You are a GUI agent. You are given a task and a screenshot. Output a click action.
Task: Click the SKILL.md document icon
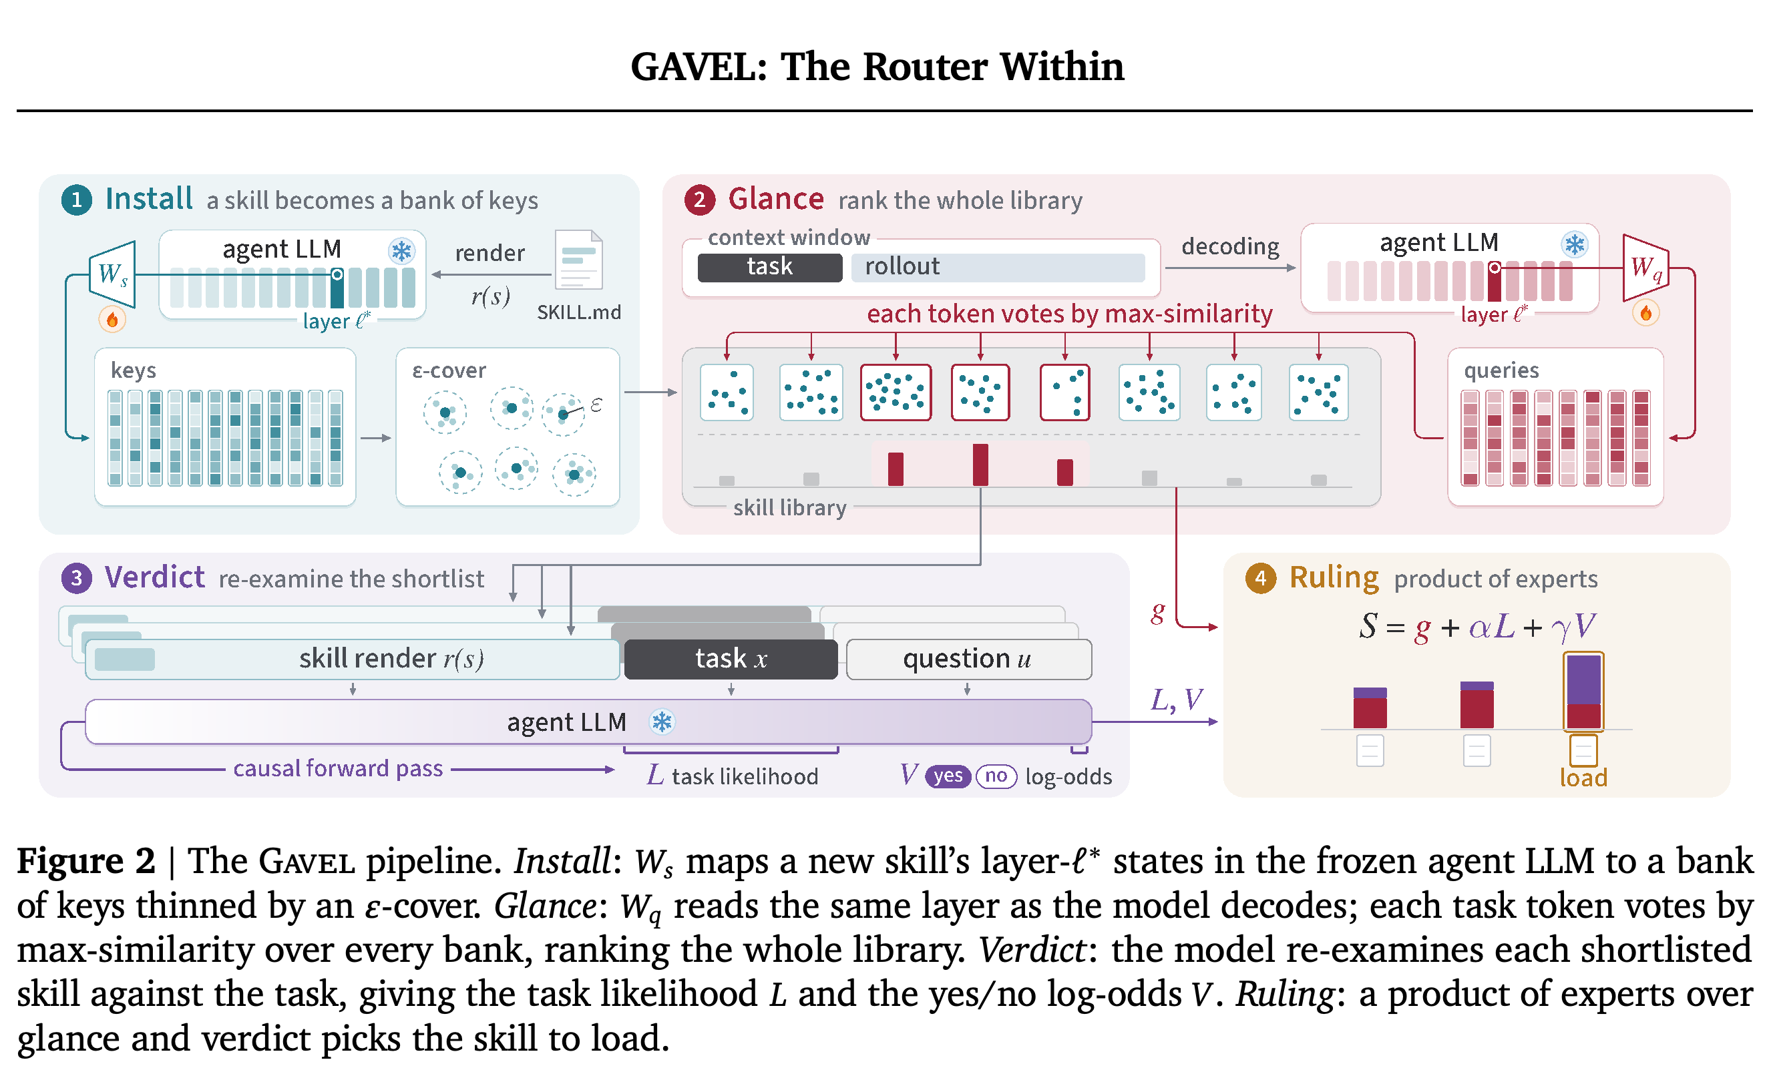[579, 260]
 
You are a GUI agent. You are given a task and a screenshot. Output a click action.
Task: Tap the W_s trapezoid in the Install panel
[113, 274]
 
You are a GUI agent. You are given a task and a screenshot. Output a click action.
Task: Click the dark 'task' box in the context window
[769, 267]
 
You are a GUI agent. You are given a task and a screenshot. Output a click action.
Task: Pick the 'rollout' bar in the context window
[998, 267]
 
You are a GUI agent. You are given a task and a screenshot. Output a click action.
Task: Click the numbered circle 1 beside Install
[77, 200]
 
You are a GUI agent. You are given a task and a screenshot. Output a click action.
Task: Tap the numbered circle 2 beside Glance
[700, 200]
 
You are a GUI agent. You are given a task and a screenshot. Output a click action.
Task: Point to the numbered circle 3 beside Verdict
[77, 579]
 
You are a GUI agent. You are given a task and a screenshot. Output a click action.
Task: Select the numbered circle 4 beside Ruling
[1261, 579]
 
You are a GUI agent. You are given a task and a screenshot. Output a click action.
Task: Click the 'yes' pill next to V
[948, 776]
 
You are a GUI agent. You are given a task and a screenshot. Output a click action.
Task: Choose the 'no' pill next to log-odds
[996, 776]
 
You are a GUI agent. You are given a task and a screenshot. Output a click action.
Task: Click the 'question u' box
[968, 659]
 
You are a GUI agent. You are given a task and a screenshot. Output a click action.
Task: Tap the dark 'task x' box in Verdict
[731, 659]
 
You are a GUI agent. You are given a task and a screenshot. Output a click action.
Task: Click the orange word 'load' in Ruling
[1583, 778]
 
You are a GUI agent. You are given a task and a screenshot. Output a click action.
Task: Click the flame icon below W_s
[112, 319]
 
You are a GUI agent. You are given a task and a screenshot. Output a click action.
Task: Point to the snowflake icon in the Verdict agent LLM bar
[661, 722]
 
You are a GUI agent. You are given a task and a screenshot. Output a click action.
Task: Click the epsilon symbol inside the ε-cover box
[596, 405]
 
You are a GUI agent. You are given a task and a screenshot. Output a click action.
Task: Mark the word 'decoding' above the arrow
[1230, 247]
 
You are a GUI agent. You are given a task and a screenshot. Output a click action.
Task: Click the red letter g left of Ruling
[1157, 612]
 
